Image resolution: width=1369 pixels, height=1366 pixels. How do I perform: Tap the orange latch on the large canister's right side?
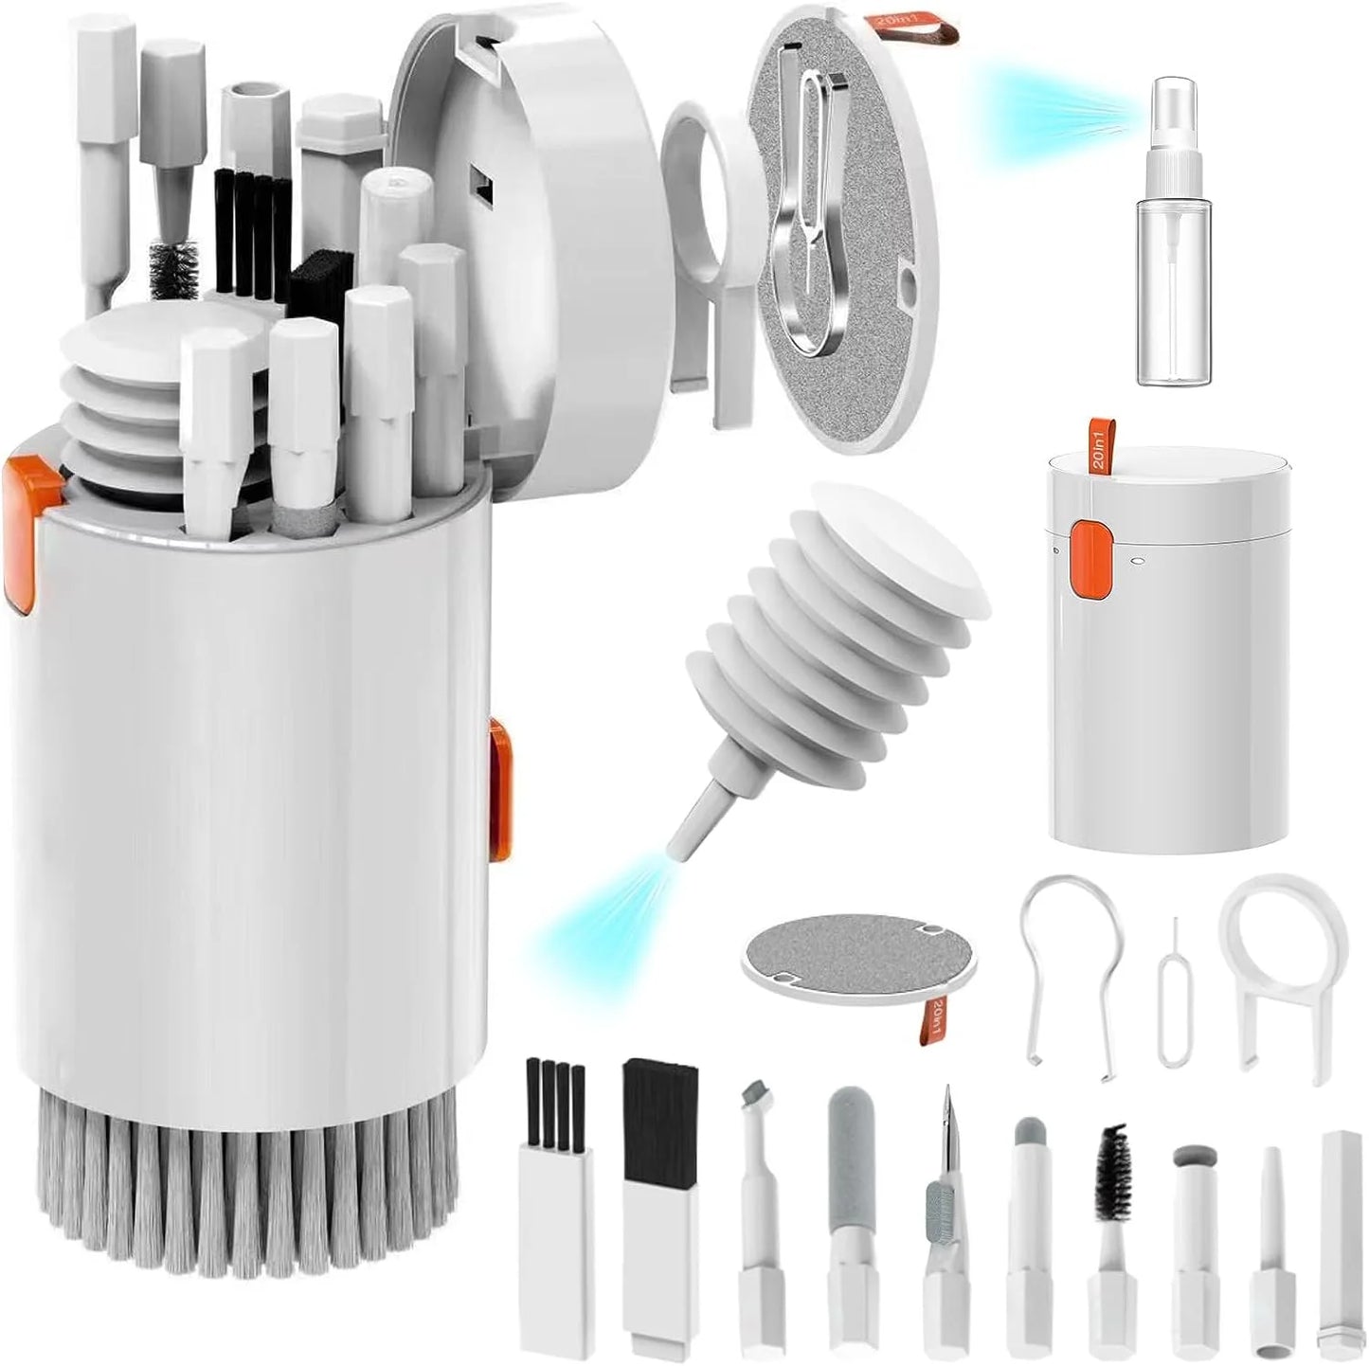click(500, 791)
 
